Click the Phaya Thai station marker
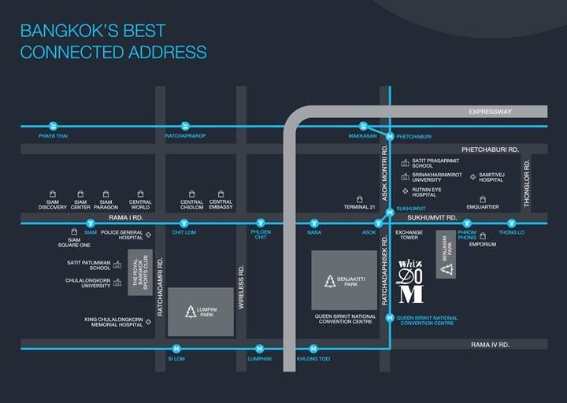[x=54, y=126]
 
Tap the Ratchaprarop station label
[x=185, y=136]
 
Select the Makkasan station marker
[x=363, y=126]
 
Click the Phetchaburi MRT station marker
[x=390, y=137]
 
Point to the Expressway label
[x=490, y=112]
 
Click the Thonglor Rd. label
[x=527, y=183]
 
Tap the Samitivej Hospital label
[x=491, y=177]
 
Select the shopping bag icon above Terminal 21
[x=359, y=199]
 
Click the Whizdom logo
[x=411, y=282]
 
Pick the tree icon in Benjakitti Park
[x=330, y=281]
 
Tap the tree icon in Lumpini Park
[x=191, y=312]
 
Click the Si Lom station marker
[x=176, y=349]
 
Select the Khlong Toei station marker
[x=313, y=349]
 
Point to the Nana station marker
[x=314, y=223]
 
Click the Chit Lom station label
[x=184, y=232]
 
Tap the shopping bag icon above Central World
[x=140, y=194]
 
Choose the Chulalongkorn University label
[x=88, y=283]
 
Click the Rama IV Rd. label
[x=490, y=345]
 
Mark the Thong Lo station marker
[x=511, y=223]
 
